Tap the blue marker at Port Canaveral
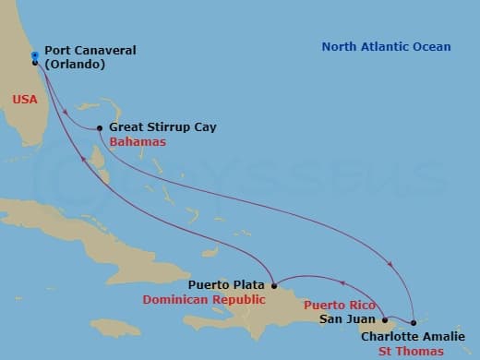tap(34, 55)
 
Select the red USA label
tap(26, 98)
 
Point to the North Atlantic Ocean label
tap(386, 47)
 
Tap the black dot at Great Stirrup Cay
tap(100, 128)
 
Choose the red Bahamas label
tap(138, 143)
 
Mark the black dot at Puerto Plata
tap(274, 285)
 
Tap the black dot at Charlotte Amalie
tap(414, 323)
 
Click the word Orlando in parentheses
tap(78, 65)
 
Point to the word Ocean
tap(431, 47)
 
